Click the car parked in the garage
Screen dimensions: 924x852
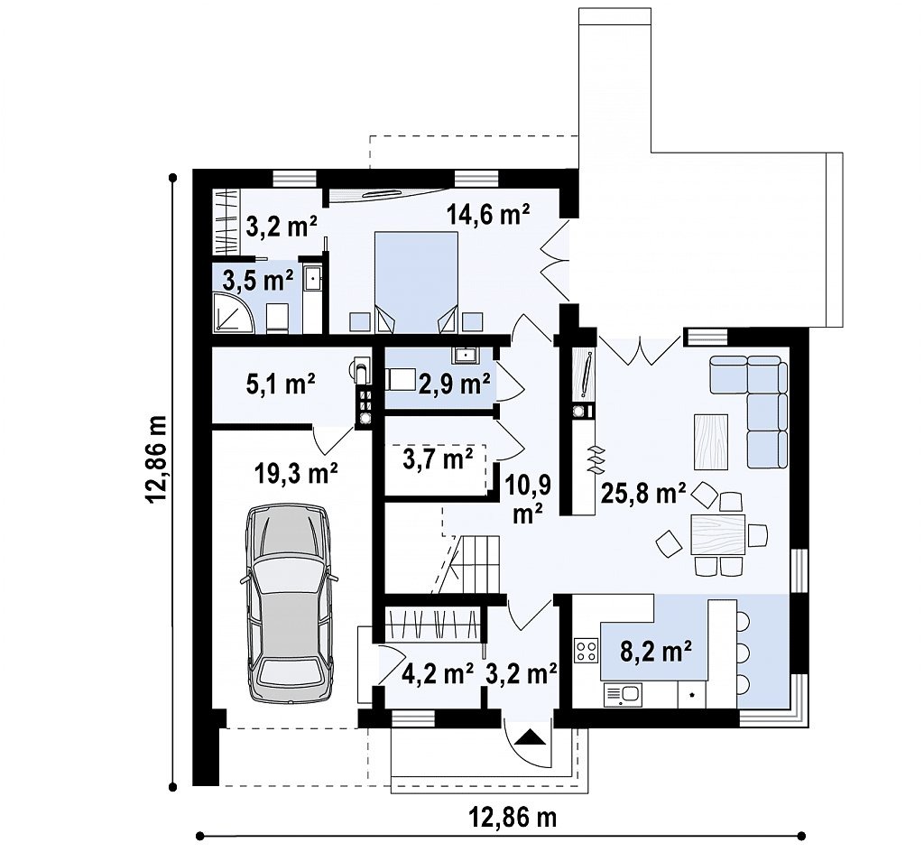[x=290, y=602]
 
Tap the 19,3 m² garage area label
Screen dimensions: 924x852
[x=296, y=473]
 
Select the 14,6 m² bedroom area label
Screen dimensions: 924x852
[x=487, y=215]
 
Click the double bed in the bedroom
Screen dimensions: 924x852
[x=416, y=282]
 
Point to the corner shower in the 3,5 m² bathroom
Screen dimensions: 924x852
[x=234, y=311]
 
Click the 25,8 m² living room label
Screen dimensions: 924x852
[x=643, y=493]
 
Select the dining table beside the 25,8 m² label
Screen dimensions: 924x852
[x=718, y=533]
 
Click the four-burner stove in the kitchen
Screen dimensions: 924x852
[x=587, y=651]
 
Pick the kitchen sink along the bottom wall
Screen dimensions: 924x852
[x=623, y=695]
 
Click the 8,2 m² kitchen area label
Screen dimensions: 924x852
[x=655, y=653]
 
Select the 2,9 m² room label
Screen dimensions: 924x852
[x=455, y=384]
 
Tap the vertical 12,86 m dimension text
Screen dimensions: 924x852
[x=157, y=459]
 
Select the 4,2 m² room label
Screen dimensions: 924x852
[x=438, y=673]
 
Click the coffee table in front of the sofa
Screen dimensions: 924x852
[x=711, y=441]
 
